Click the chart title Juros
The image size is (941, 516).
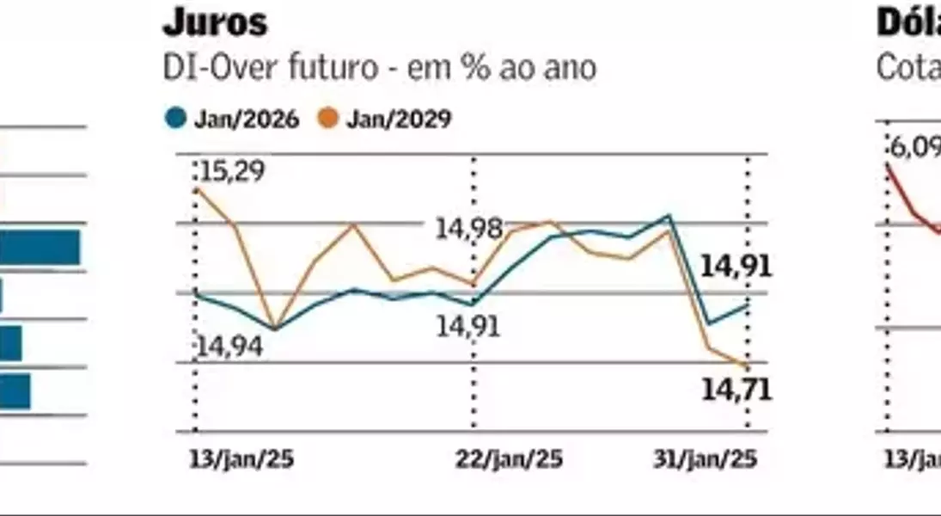click(x=215, y=23)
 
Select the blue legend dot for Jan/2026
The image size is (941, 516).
click(x=176, y=120)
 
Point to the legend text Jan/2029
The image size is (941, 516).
click(x=399, y=120)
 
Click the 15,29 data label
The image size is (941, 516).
click(x=232, y=171)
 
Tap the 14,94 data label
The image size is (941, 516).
click(x=230, y=347)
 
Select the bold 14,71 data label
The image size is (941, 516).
click(x=736, y=390)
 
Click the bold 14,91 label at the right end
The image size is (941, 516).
click(x=736, y=267)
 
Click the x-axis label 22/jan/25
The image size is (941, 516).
click(x=509, y=459)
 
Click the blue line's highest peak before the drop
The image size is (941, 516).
click(x=669, y=216)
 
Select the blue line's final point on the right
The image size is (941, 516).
click(x=747, y=304)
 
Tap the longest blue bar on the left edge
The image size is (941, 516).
click(x=40, y=248)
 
